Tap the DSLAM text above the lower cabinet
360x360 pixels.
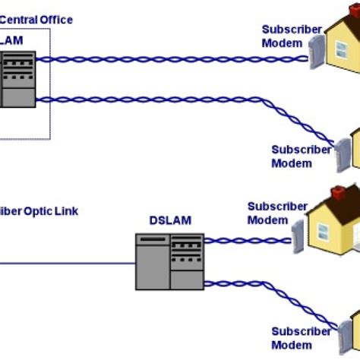[170, 220]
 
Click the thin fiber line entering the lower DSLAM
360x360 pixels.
[68, 264]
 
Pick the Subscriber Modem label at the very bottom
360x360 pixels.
[302, 337]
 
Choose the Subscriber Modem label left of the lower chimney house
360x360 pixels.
[277, 213]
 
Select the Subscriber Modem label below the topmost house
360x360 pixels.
[302, 156]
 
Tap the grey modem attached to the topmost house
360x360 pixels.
[312, 55]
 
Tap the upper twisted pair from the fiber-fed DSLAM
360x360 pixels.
[243, 241]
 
